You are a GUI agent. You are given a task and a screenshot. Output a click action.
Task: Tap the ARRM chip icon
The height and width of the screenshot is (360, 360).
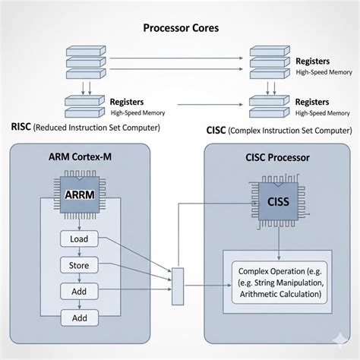(81, 194)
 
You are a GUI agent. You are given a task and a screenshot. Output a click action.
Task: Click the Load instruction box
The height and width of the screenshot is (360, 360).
(80, 239)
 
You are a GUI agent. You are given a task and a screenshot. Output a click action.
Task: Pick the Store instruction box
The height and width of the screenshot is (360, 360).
(80, 265)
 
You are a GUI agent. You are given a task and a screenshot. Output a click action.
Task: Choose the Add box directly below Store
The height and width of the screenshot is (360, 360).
(80, 291)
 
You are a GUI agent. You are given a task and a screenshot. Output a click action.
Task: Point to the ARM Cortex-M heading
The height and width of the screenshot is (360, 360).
(81, 157)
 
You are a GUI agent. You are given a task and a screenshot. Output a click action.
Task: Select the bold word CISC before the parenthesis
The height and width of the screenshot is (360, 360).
(216, 130)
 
